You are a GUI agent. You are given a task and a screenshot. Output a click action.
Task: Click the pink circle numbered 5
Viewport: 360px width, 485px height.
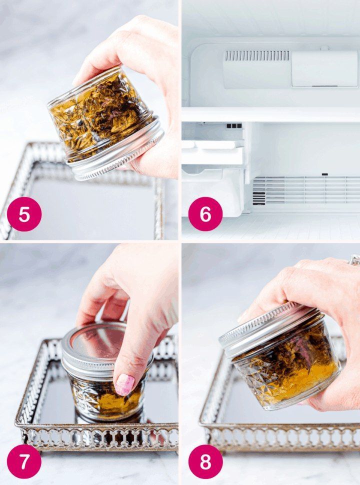click(24, 214)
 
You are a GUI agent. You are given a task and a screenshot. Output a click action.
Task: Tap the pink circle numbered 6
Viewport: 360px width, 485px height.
click(205, 214)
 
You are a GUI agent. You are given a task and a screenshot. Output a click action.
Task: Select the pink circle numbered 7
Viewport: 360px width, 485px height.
click(24, 461)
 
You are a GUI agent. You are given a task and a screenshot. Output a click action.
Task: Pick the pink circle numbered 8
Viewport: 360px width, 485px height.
click(205, 461)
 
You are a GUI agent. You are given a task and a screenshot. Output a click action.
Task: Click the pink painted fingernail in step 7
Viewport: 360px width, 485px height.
click(124, 384)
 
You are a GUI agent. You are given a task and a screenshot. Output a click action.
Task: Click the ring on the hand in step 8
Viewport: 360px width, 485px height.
click(354, 260)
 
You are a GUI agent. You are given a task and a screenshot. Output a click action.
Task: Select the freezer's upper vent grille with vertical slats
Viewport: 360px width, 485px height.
click(257, 55)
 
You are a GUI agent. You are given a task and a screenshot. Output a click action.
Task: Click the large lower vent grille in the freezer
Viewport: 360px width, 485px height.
click(306, 190)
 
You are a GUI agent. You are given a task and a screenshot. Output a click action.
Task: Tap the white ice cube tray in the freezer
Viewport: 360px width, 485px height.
click(213, 152)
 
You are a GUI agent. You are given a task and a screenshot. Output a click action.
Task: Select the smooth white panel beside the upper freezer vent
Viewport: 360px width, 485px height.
click(324, 68)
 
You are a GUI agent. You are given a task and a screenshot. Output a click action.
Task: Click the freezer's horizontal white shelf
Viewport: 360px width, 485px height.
click(271, 114)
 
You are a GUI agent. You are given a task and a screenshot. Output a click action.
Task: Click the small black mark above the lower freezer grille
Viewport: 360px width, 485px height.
click(324, 174)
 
